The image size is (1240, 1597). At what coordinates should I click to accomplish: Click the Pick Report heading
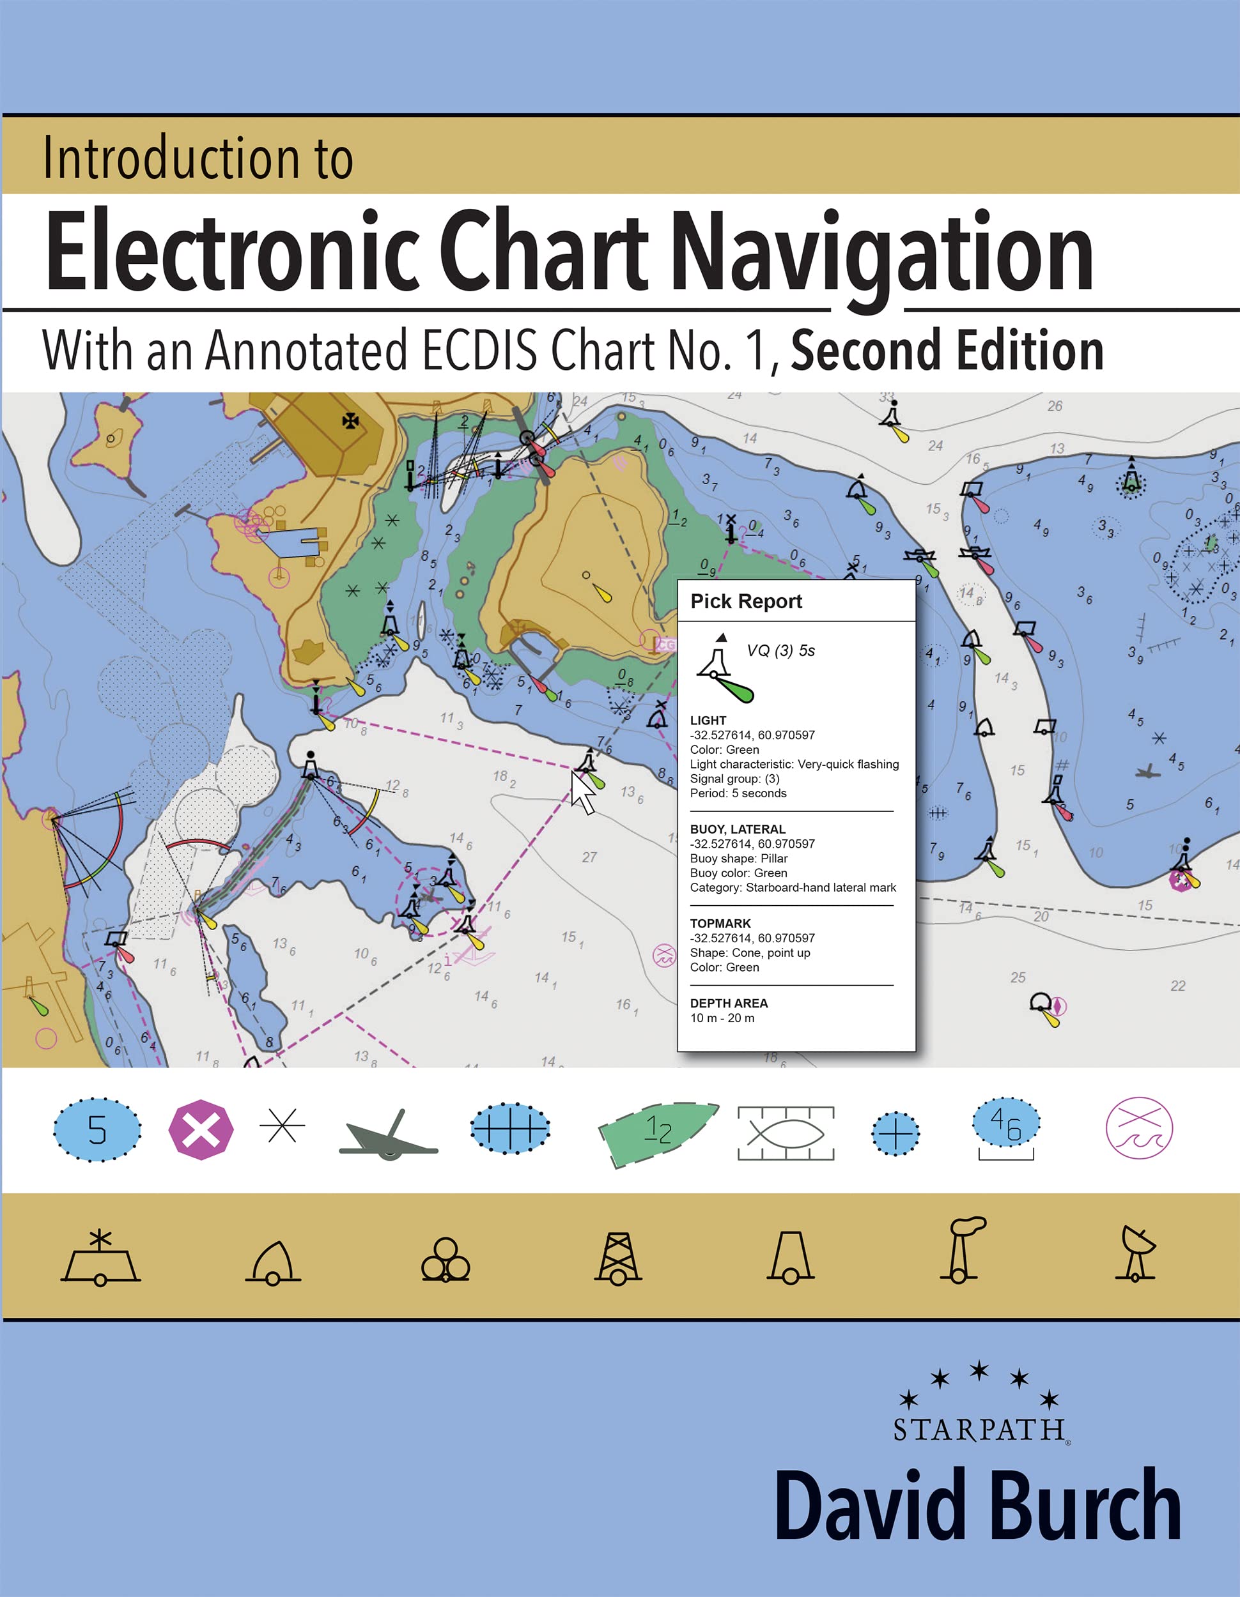[745, 601]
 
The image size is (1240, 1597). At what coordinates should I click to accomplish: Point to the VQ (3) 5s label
[780, 651]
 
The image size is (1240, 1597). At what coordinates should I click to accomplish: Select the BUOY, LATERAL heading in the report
[738, 829]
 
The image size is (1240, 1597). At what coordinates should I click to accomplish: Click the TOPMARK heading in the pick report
[720, 924]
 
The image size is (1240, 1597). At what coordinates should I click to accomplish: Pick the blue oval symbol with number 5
[97, 1130]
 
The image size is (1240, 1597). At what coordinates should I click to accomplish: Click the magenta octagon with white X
[201, 1130]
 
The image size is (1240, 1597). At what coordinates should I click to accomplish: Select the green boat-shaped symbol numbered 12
[658, 1133]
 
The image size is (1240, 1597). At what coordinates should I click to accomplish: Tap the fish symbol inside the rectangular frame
[786, 1133]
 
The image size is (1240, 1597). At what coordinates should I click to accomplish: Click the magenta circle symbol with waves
[1138, 1128]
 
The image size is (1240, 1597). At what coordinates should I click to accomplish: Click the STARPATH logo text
[979, 1429]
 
